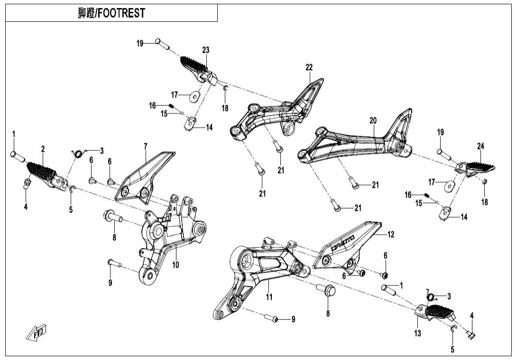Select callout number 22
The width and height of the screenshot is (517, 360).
pyautogui.click(x=309, y=67)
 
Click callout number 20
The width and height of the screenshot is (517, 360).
pyautogui.click(x=373, y=121)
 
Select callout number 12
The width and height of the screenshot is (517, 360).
pyautogui.click(x=391, y=234)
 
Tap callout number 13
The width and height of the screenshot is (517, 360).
pyautogui.click(x=417, y=333)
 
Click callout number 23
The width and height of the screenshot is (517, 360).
pyautogui.click(x=205, y=50)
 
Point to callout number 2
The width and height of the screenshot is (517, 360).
pyautogui.click(x=43, y=149)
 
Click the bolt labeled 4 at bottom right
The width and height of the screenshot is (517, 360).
pyautogui.click(x=471, y=335)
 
